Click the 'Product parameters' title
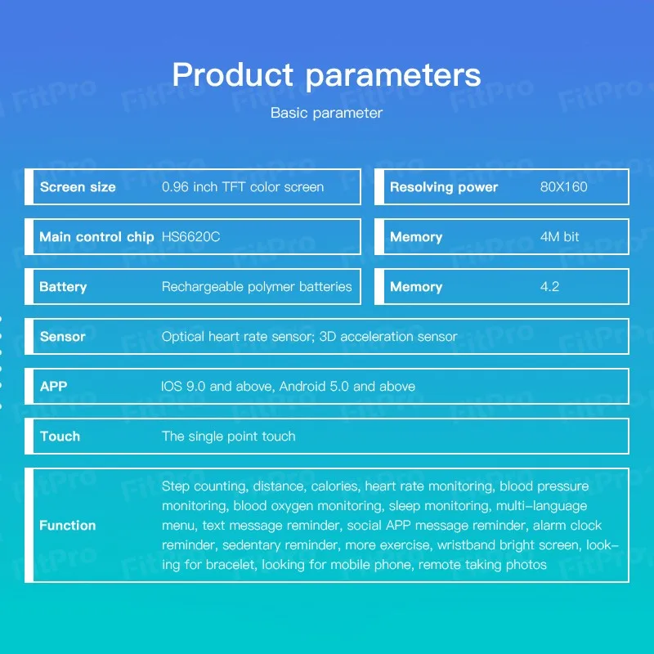(x=326, y=75)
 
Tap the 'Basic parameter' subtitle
(x=326, y=113)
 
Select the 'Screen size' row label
(x=78, y=187)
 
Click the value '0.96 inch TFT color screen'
(x=243, y=187)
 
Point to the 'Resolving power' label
(x=444, y=187)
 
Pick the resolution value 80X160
(x=564, y=187)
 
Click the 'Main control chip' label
(x=96, y=237)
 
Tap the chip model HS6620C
(x=190, y=237)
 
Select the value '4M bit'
(x=560, y=237)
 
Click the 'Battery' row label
(x=63, y=287)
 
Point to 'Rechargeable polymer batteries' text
(x=257, y=287)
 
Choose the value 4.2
(x=549, y=287)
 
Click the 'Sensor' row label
(x=63, y=337)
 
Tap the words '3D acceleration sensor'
(x=388, y=337)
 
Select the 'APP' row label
(x=53, y=386)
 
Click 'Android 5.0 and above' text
(x=347, y=386)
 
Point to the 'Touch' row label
(x=60, y=437)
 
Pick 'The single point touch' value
(x=229, y=437)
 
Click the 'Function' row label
(x=68, y=525)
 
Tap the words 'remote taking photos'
(x=482, y=565)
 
